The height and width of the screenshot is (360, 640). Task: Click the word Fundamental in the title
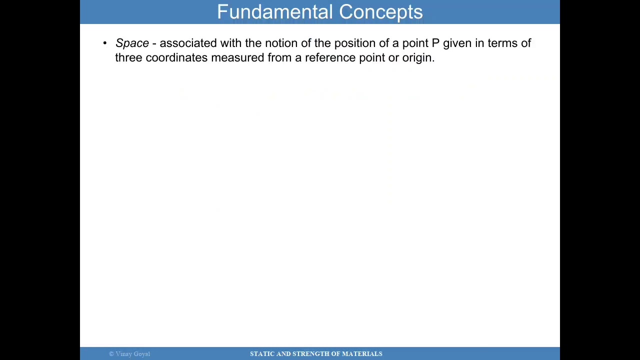275,12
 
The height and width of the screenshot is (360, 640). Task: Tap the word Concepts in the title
381,12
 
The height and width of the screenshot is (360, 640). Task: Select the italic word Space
132,43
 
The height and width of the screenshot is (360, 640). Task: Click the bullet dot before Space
105,43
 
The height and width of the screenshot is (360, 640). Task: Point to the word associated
188,43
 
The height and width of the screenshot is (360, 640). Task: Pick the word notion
281,43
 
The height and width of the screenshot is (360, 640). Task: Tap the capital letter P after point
435,43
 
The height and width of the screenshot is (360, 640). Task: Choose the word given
457,43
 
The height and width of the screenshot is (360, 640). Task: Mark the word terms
502,43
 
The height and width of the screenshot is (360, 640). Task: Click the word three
128,57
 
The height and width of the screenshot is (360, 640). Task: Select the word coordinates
176,57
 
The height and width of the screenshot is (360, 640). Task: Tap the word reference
330,57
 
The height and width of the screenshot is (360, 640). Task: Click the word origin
417,58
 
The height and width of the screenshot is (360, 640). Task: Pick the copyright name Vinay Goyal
132,354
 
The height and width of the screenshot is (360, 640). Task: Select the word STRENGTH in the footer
310,354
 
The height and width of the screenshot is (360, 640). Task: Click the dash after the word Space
154,43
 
